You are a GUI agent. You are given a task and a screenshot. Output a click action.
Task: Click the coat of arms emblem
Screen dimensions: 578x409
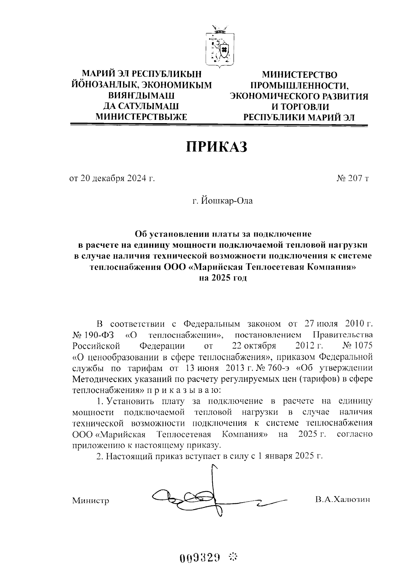[220, 46]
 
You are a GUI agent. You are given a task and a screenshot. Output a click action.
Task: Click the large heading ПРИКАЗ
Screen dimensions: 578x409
[216, 146]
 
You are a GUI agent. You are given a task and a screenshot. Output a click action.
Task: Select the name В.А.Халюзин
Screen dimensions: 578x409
[342, 500]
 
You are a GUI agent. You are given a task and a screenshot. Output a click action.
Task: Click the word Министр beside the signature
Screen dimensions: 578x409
[91, 501]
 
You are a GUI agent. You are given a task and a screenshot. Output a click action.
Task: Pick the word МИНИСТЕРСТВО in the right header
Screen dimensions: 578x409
[299, 75]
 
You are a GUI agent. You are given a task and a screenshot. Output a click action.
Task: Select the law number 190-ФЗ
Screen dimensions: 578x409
[100, 334]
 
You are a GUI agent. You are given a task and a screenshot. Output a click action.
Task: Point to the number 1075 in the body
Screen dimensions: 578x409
[363, 346]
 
